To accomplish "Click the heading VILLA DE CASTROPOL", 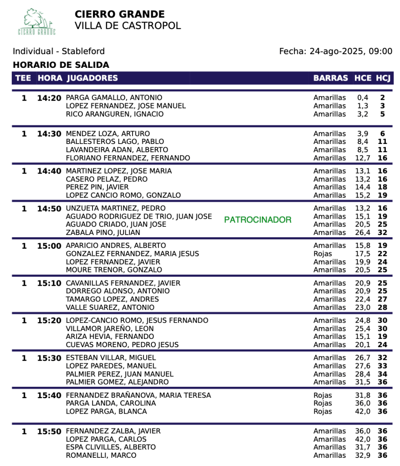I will coord(128,26).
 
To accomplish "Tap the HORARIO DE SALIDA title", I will coord(61,65).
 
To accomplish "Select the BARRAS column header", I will coord(331,78).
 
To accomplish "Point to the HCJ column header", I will coord(383,78).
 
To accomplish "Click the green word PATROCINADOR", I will coord(258,220).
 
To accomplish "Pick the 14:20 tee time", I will coord(49,98).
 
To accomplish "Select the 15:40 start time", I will coord(49,395).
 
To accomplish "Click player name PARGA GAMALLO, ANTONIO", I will coord(114,98).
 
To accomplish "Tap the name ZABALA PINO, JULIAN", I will coord(103,233).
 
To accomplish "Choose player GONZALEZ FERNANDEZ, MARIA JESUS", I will coord(133,254).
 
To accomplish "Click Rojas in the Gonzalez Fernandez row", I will coord(323,254).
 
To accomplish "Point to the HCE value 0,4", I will coord(363,98).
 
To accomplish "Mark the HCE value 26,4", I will coord(363,233).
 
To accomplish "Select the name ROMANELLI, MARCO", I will coord(101,456).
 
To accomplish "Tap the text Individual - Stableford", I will coord(59,51).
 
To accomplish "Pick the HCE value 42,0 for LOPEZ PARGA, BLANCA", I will coord(363,412).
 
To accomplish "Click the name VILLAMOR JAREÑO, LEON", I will coord(110,328).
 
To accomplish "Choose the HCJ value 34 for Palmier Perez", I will coord(382,374).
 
